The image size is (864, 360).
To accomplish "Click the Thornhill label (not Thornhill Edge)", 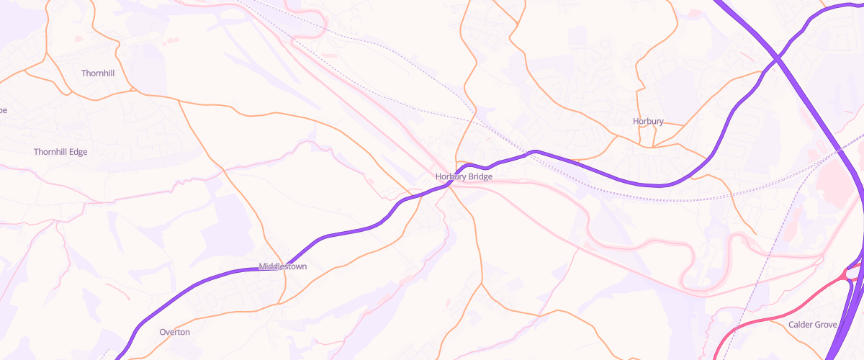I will [98, 73].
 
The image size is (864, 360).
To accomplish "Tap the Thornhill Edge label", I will [60, 152].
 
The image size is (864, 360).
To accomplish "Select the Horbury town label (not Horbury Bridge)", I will [647, 121].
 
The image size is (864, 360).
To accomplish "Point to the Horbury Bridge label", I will [464, 176].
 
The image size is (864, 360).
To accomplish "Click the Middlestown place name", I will [282, 266].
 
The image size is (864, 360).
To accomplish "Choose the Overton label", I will [174, 332].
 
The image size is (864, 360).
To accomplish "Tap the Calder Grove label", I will [812, 325].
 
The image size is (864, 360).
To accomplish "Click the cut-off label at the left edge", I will [3, 110].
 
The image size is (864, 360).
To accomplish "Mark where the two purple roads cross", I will [777, 58].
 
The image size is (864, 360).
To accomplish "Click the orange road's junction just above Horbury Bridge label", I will [456, 163].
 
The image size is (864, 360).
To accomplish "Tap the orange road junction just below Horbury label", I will [652, 147].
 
